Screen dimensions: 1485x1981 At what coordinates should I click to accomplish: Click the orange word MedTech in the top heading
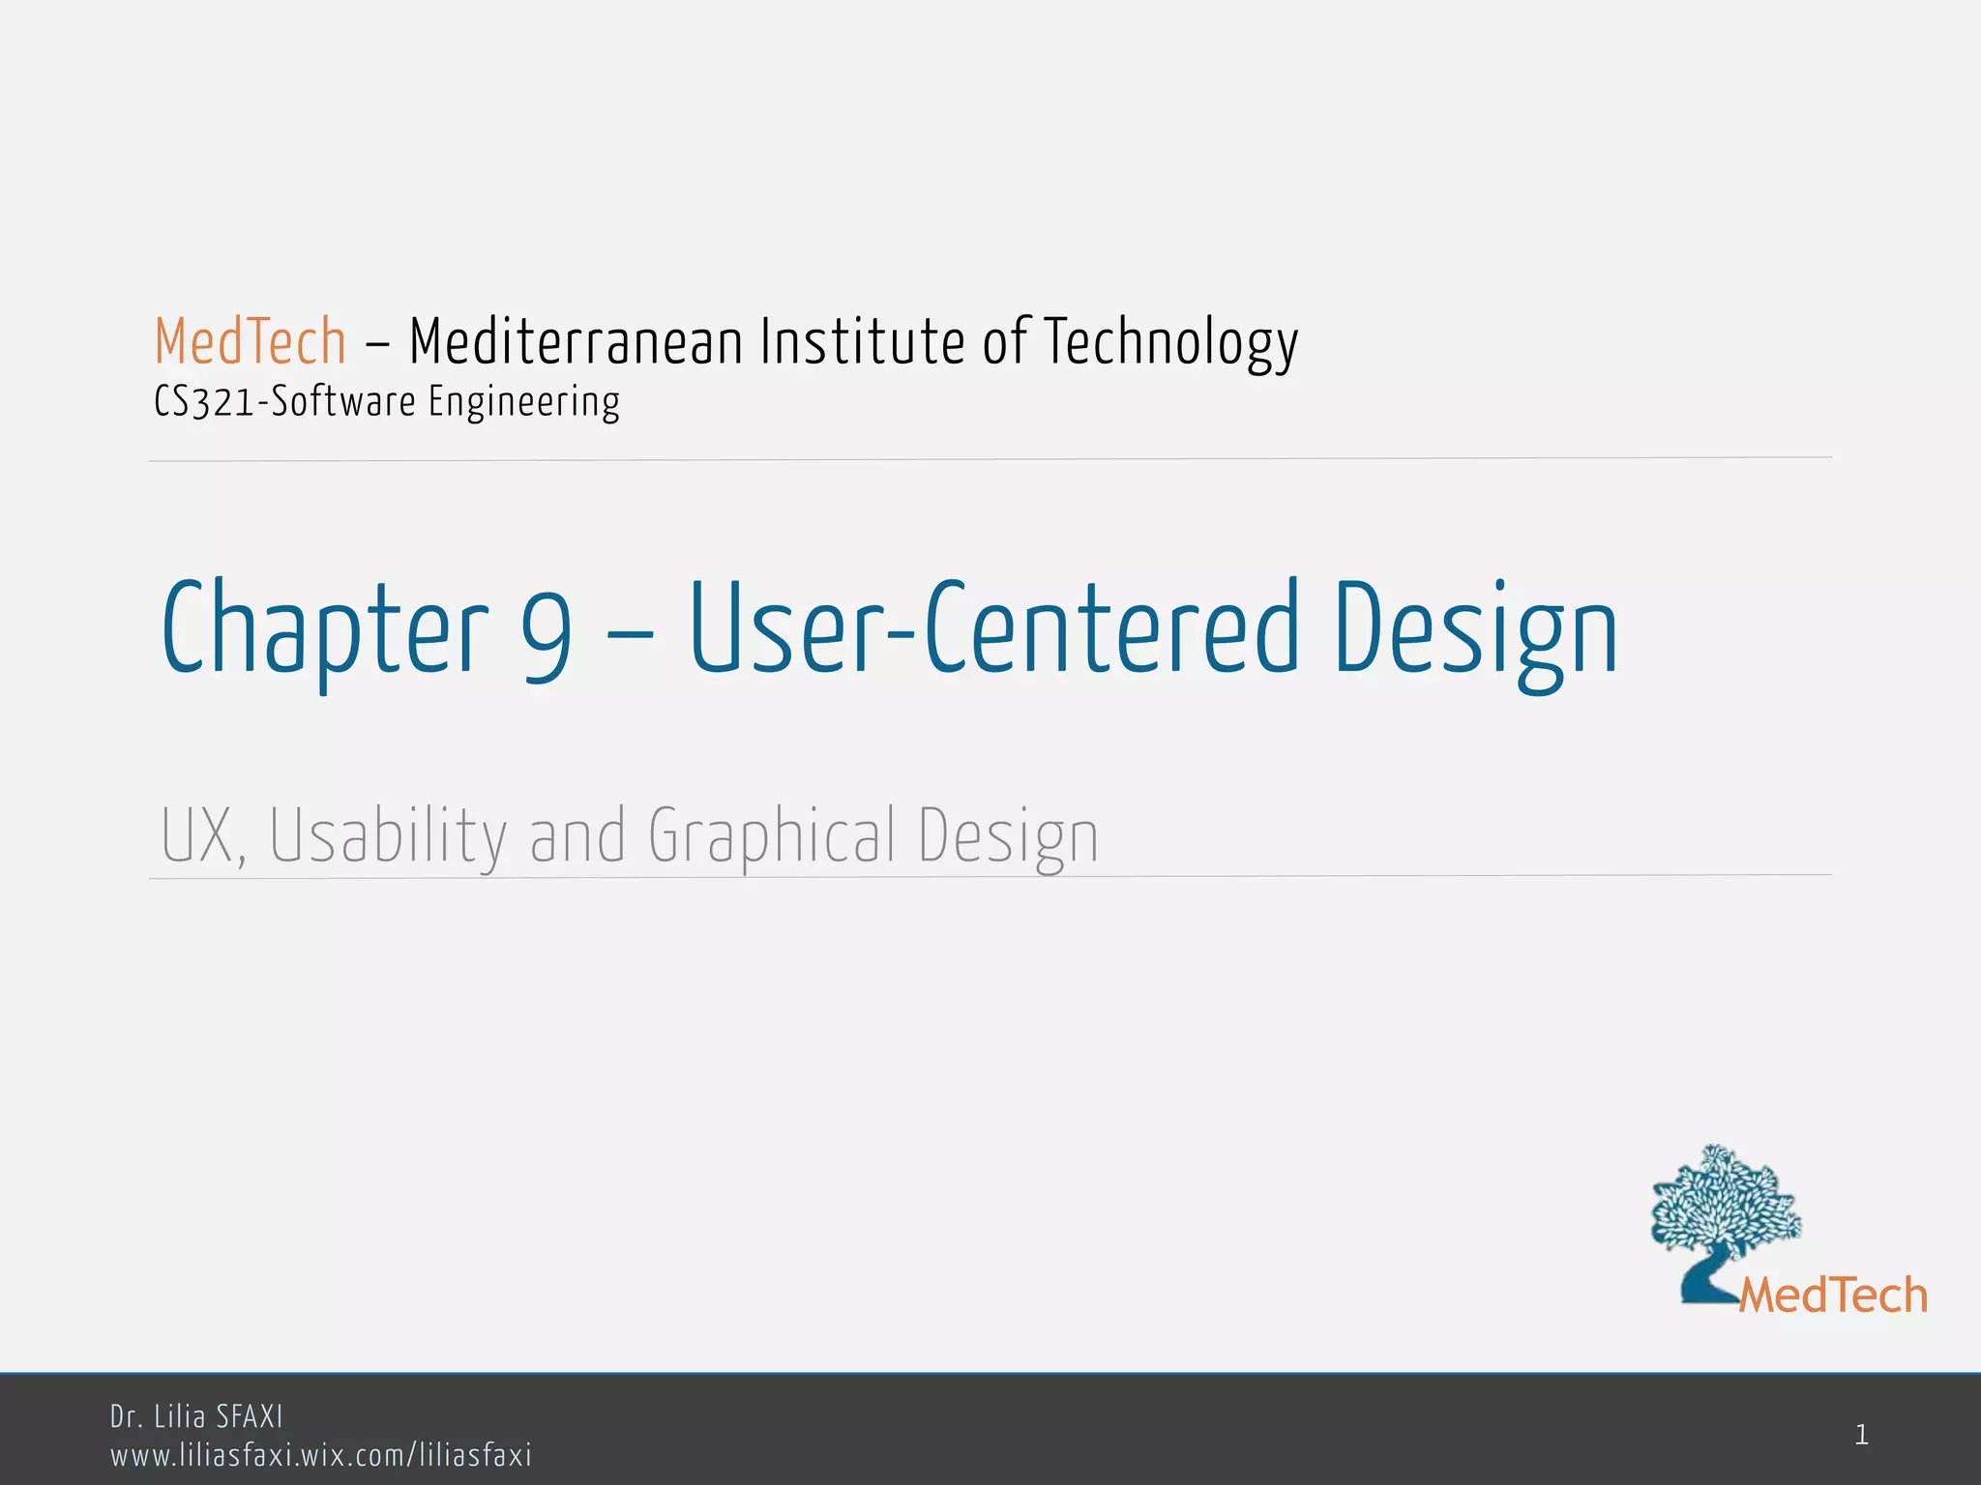click(251, 342)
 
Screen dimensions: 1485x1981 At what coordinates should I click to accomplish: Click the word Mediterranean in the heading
click(576, 342)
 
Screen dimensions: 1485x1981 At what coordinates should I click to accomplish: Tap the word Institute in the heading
click(862, 342)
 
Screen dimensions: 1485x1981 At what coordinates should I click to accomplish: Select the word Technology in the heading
click(1170, 344)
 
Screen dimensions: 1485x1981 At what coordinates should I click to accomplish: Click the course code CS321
click(203, 402)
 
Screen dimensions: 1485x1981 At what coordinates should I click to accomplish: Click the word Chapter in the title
click(325, 629)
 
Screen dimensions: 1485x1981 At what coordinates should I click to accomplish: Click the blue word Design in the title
click(1476, 629)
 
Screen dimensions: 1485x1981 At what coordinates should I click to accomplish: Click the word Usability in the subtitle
click(388, 836)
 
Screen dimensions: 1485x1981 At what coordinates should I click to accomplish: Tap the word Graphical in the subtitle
click(772, 836)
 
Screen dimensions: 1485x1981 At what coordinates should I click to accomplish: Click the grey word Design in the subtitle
click(1008, 836)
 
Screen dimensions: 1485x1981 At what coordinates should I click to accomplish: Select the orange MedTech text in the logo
click(1833, 1296)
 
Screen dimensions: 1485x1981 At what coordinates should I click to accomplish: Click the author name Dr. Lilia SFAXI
click(196, 1417)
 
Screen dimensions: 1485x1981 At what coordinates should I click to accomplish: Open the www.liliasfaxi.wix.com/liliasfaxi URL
click(321, 1455)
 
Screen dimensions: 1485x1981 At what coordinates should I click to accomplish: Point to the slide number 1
click(1861, 1436)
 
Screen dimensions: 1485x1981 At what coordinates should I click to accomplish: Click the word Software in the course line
click(343, 402)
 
